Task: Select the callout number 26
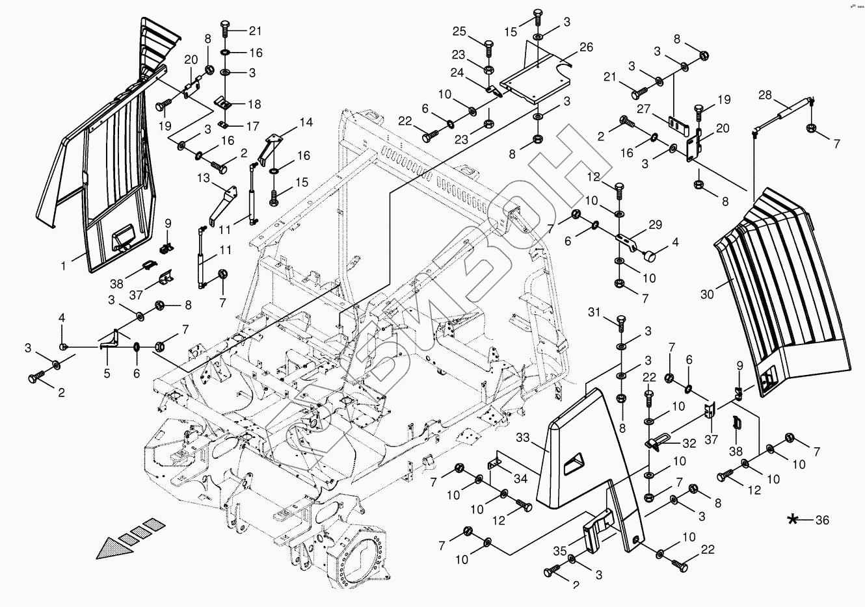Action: (x=586, y=47)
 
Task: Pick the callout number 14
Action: (x=306, y=122)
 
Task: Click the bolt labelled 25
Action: (x=489, y=49)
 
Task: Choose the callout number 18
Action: (x=253, y=104)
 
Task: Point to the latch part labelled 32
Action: (x=659, y=442)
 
